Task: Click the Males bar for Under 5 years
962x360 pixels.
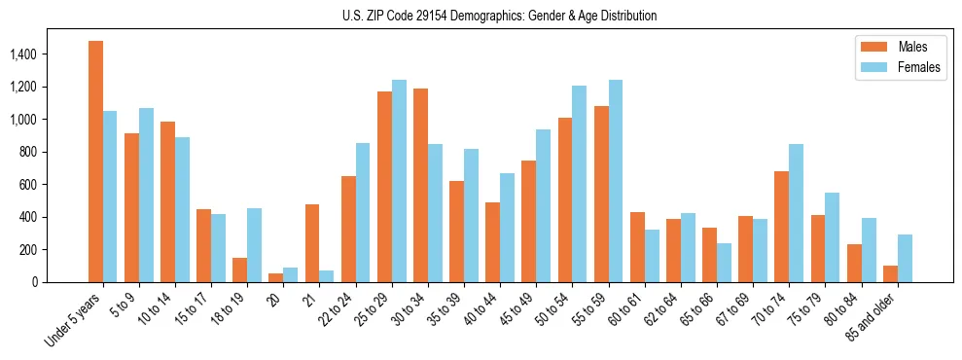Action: click(95, 162)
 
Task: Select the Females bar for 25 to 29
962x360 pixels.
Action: click(399, 181)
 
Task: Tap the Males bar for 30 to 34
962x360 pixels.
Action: click(420, 185)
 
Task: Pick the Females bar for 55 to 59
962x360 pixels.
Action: click(616, 181)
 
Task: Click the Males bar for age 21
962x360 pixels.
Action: click(312, 243)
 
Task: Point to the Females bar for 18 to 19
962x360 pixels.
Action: click(254, 245)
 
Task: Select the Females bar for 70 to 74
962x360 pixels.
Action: click(796, 213)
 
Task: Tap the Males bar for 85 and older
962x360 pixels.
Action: click(890, 273)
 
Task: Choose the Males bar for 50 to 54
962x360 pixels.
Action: click(565, 199)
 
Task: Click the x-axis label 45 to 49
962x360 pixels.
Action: click(520, 306)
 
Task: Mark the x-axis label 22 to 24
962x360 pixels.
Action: click(339, 306)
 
